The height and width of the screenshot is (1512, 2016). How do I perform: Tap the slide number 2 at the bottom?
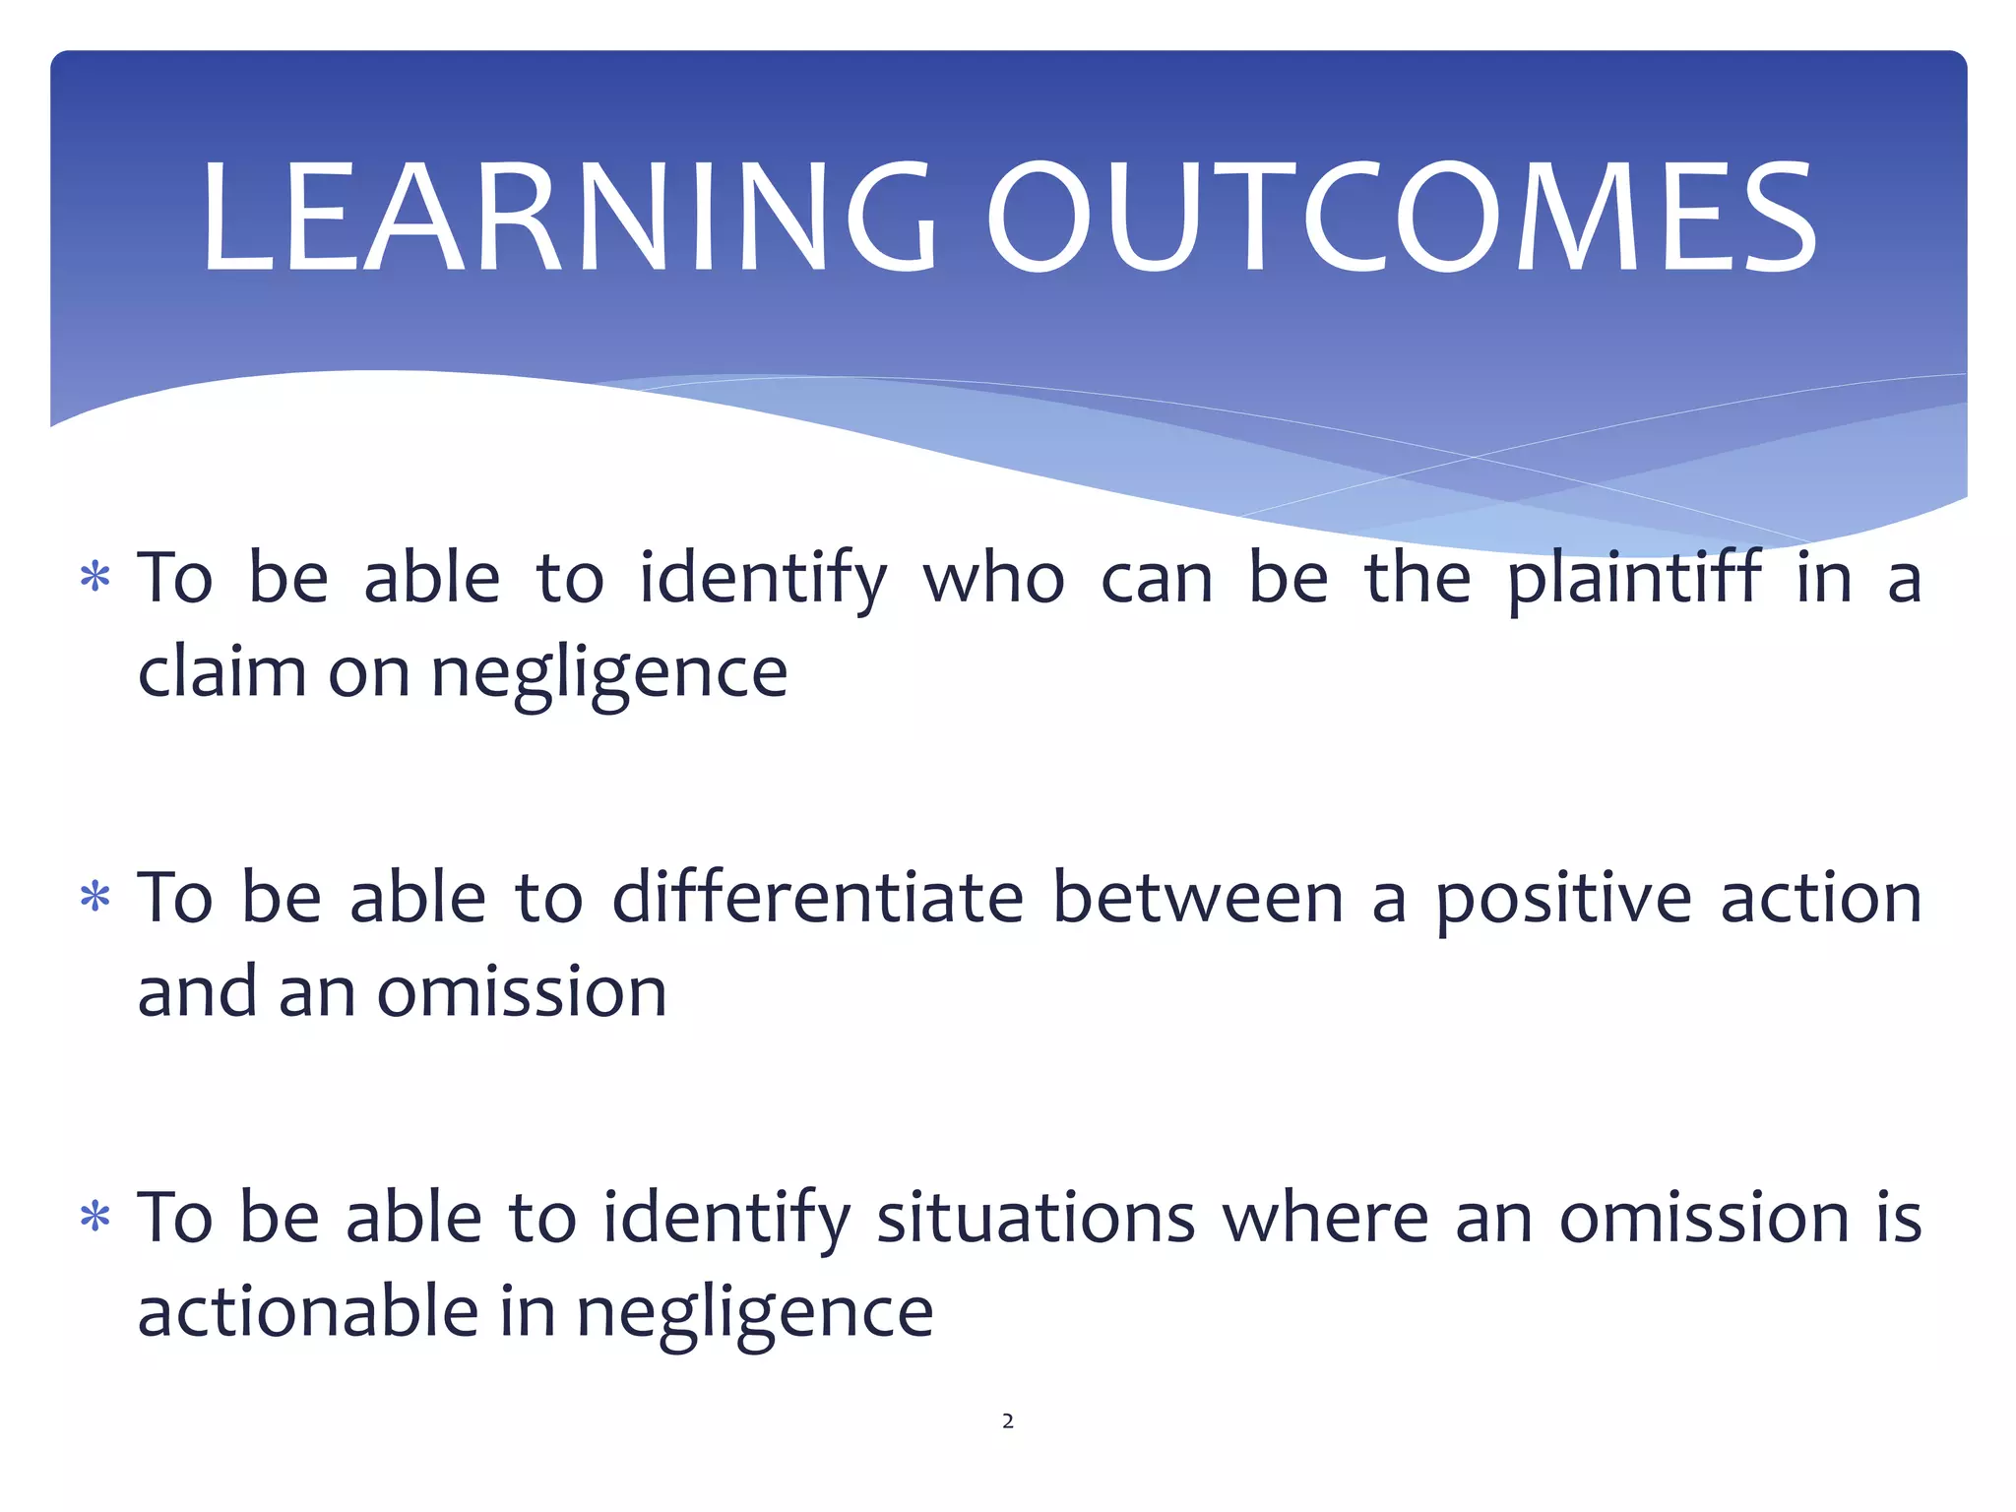1007,1420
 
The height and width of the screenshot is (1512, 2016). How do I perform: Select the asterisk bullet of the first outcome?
94,577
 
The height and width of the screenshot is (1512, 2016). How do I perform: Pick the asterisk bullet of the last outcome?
94,1218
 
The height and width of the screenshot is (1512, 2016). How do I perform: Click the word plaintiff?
1634,579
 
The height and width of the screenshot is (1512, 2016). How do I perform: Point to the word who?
993,579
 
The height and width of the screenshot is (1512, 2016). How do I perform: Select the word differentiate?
818,898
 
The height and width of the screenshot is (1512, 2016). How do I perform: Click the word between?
1198,898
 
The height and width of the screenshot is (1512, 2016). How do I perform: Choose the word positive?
1563,900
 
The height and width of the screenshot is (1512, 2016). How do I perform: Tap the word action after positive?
1821,900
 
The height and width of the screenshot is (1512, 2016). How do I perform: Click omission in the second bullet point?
522,992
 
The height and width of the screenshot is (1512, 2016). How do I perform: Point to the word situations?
1036,1219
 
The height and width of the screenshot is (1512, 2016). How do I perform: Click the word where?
1325,1219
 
